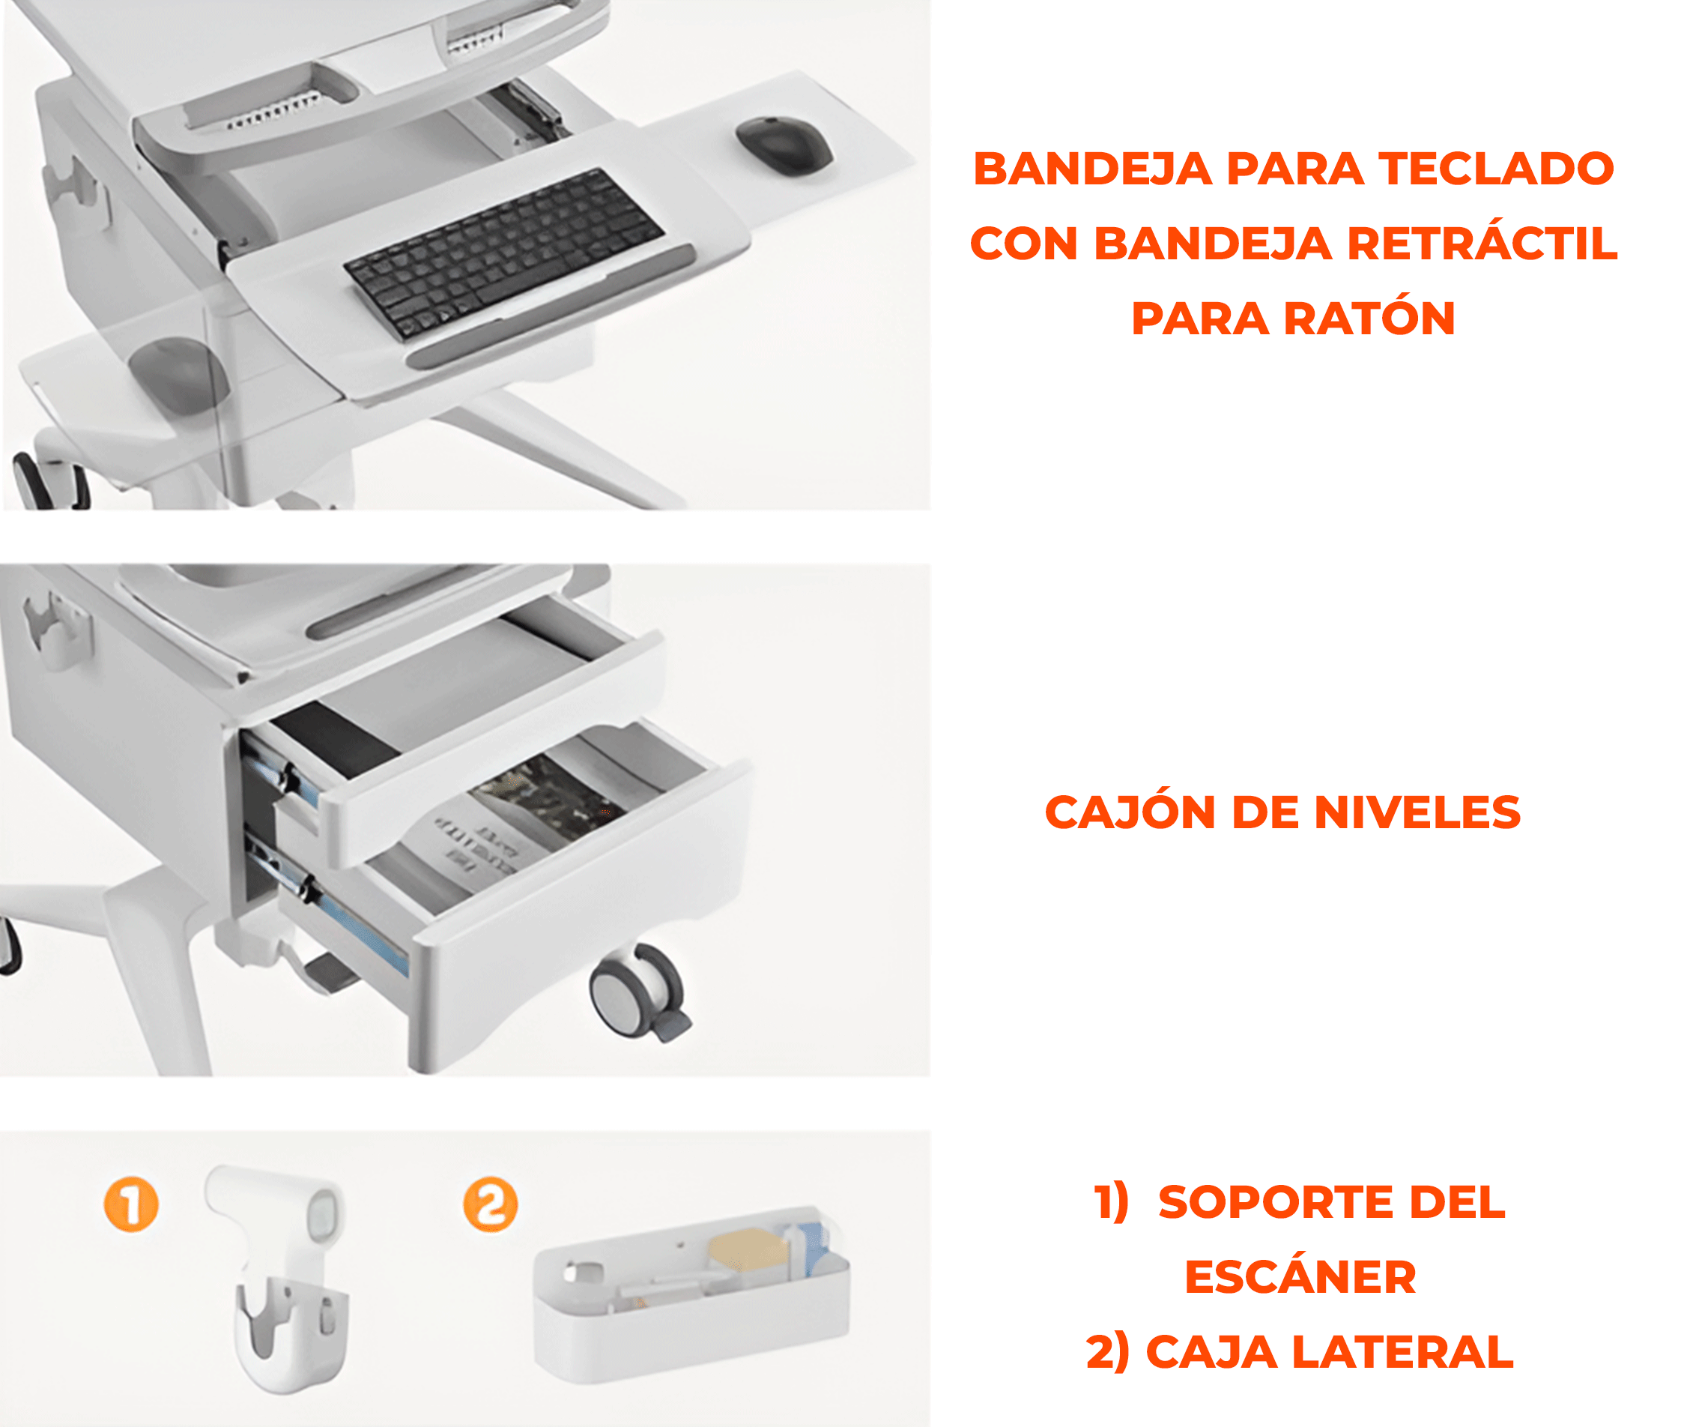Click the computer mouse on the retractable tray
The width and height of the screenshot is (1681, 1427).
point(784,145)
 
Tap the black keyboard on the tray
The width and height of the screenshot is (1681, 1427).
point(503,253)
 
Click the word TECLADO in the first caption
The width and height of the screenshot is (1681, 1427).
point(1496,169)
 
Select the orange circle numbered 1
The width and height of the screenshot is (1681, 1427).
point(131,1204)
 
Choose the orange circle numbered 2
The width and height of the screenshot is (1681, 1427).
point(490,1204)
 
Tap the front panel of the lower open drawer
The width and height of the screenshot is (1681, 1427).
point(582,918)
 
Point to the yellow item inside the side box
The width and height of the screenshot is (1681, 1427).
point(748,1250)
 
